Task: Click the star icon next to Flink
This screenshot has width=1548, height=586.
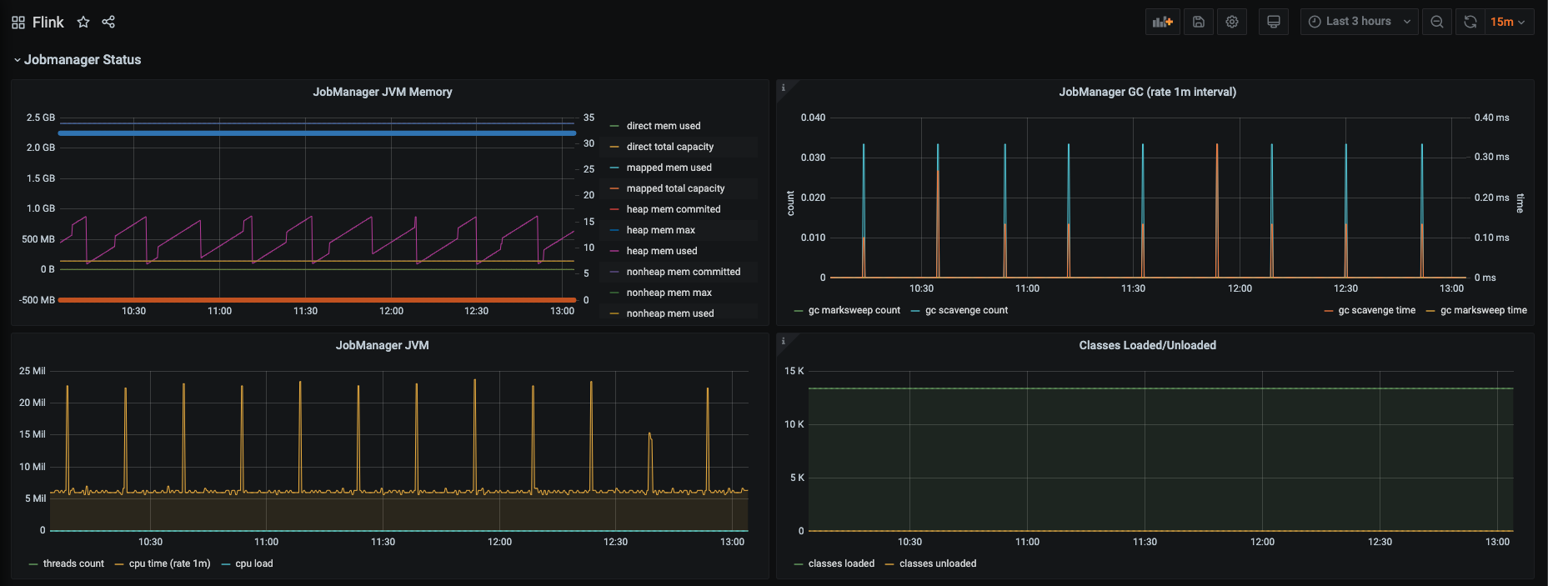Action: click(x=83, y=23)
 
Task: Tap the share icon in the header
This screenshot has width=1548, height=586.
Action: click(x=108, y=22)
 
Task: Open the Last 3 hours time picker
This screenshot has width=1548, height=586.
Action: click(x=1359, y=22)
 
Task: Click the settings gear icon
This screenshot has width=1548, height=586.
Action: click(x=1232, y=22)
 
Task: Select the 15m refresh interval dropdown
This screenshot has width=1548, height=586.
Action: click(x=1508, y=22)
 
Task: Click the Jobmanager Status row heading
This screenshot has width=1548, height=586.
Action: click(x=83, y=60)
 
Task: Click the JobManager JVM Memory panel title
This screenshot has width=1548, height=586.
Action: click(x=383, y=92)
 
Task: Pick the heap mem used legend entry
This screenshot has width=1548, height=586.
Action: click(x=662, y=251)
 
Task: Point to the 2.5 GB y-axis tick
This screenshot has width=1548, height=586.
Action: click(x=41, y=118)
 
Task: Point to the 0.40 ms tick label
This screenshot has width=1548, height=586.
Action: click(x=1491, y=118)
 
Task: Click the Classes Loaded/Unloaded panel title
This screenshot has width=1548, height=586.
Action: click(x=1147, y=345)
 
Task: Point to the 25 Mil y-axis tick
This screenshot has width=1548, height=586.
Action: click(x=33, y=371)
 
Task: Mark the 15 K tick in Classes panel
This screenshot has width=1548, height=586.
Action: click(x=794, y=371)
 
